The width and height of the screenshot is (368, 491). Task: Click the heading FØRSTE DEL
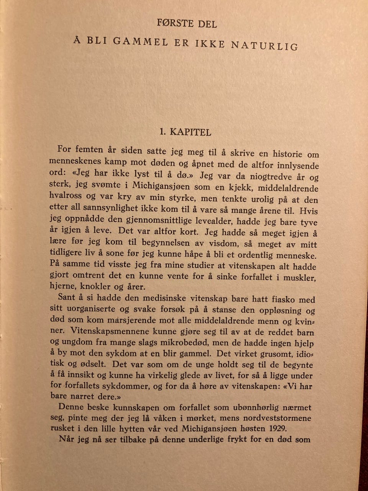click(x=187, y=23)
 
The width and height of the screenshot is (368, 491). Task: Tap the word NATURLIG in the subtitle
click(x=264, y=45)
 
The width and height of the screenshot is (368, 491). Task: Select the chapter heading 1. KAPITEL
click(x=185, y=132)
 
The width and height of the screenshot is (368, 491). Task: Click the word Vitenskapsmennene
click(x=111, y=331)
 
